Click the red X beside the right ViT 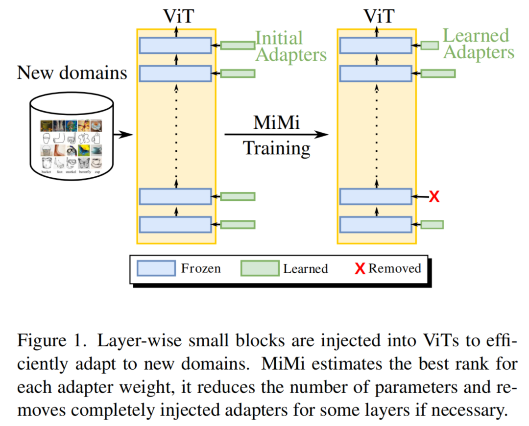click(434, 197)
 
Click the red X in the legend click(360, 269)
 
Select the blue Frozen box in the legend click(156, 268)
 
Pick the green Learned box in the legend click(260, 269)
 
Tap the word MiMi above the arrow click(276, 123)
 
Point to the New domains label click(72, 73)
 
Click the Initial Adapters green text click(290, 47)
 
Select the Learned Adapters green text click(478, 44)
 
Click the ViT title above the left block click(177, 16)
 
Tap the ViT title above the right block click(378, 16)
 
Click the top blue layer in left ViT click(175, 46)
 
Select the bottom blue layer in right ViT click(376, 225)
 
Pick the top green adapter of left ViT click(237, 46)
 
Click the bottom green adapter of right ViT click(432, 225)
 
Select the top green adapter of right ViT click(430, 46)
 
